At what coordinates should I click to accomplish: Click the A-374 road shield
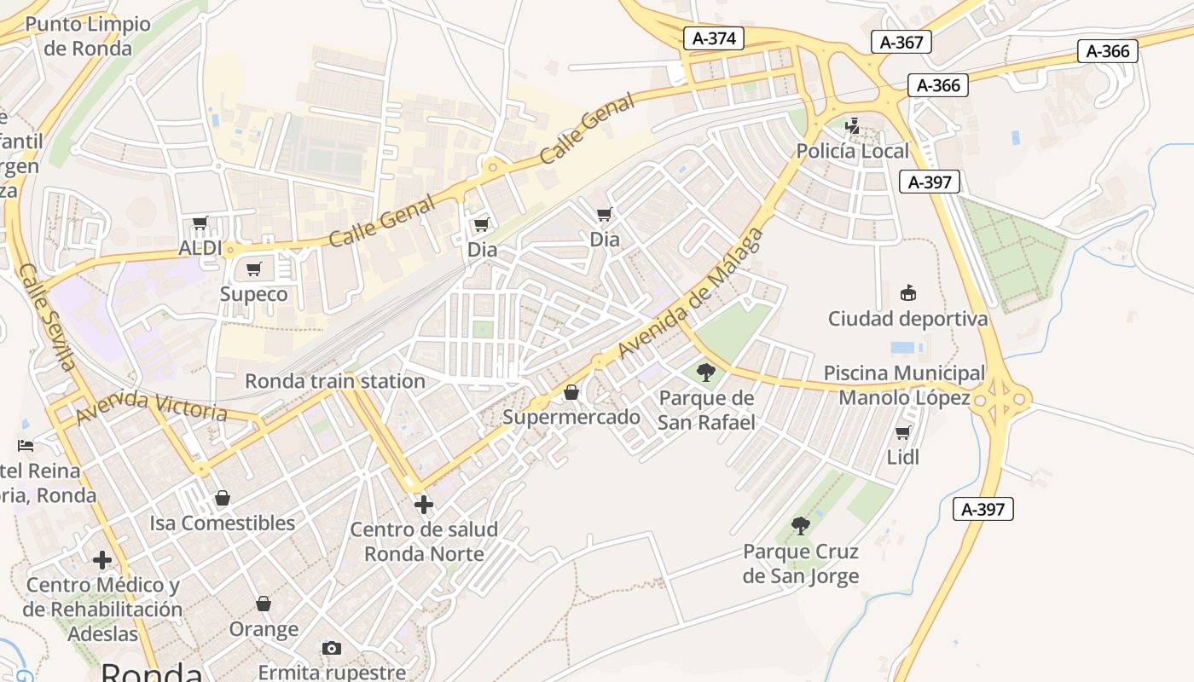[714, 38]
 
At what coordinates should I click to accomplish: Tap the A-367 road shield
[901, 42]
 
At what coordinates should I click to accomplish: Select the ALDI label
[200, 248]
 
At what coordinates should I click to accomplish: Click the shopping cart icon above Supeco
[253, 269]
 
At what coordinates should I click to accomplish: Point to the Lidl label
[903, 457]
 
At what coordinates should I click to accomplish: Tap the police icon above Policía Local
[852, 127]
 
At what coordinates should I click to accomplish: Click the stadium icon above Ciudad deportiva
[907, 293]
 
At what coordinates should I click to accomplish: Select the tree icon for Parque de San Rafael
[706, 372]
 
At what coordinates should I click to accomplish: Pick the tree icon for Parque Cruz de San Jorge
[800, 525]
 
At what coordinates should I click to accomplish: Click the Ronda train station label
[334, 381]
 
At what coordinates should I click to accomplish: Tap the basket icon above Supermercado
[571, 392]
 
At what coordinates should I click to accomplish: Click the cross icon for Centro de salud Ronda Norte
[423, 505]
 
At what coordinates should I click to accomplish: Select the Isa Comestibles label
[222, 523]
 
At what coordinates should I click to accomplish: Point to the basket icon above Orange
[264, 604]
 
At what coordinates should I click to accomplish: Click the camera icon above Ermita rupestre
[332, 648]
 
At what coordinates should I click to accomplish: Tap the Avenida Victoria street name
[152, 407]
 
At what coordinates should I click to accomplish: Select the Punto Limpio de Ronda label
[88, 36]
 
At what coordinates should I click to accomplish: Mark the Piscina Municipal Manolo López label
[904, 385]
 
